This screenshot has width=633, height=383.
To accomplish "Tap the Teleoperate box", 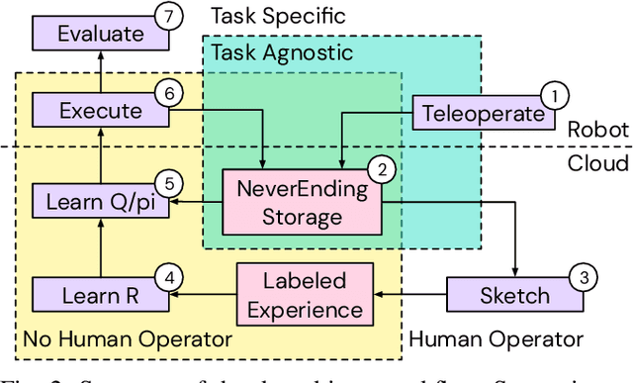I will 483,113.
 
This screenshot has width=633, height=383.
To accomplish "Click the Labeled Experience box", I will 305,295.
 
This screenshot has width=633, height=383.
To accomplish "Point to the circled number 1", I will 557,96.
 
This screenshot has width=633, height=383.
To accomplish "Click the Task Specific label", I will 279,15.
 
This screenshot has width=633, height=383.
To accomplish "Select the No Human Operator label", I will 128,340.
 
